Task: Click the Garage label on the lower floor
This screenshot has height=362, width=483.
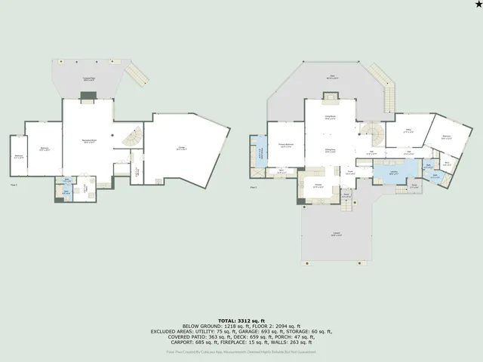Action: click(182, 149)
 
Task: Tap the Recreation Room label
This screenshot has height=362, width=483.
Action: click(88, 141)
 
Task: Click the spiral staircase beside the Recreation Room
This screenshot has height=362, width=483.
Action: click(131, 138)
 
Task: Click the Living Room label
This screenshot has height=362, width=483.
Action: click(330, 116)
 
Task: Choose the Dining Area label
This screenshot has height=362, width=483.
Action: click(330, 150)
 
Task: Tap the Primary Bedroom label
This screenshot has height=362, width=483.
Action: click(285, 146)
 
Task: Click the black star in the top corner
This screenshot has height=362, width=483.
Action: click(476, 6)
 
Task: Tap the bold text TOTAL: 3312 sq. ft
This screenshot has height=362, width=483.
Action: click(241, 319)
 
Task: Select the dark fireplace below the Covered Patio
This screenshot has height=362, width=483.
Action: click(88, 96)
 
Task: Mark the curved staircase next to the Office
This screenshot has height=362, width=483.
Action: click(372, 136)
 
